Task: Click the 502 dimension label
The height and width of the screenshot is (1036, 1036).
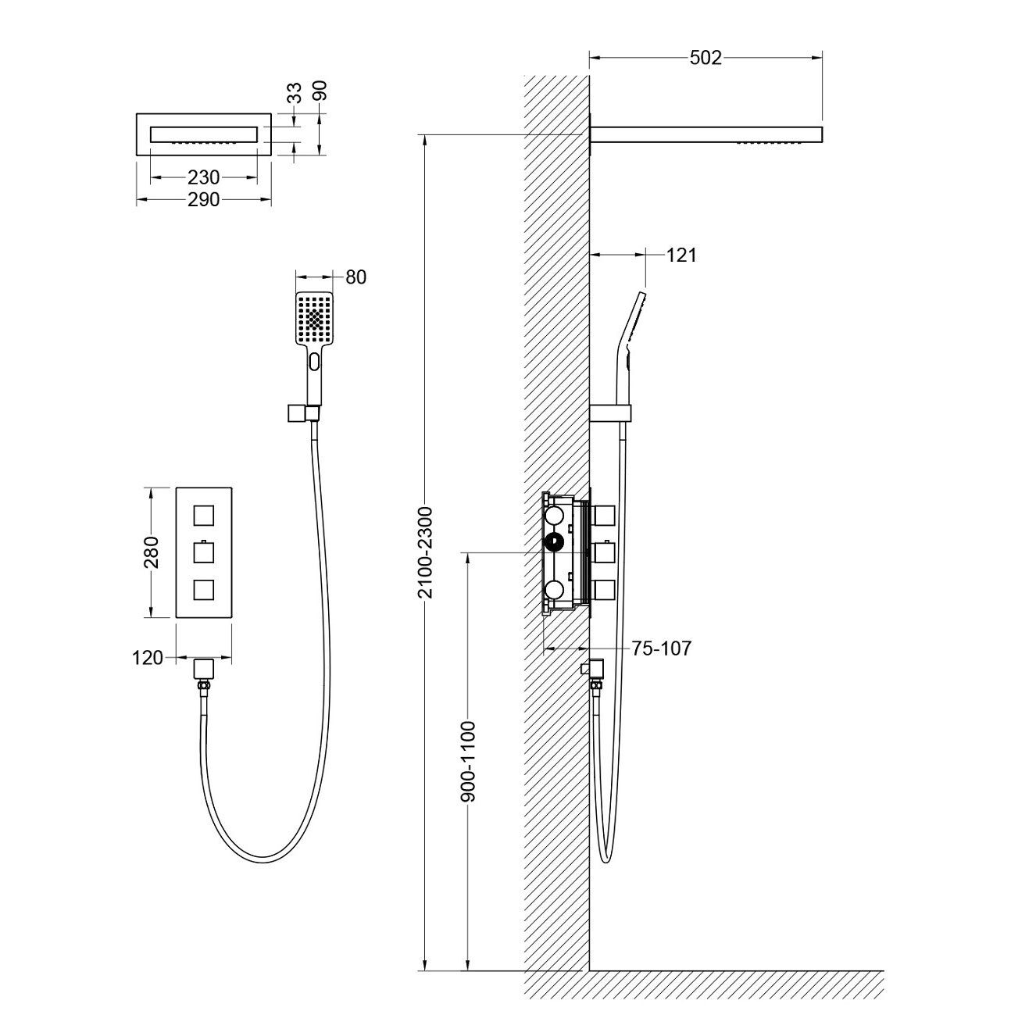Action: pos(706,58)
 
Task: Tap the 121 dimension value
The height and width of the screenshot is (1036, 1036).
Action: pos(681,255)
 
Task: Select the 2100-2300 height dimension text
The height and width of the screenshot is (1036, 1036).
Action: pos(425,552)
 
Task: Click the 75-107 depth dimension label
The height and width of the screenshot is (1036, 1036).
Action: pos(661,648)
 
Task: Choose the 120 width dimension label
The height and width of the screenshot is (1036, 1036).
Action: pos(148,658)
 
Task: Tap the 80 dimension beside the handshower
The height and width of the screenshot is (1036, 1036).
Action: pos(355,277)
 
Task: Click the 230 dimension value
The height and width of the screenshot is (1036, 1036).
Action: pos(203,177)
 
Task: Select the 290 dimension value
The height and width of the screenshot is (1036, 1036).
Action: pos(203,200)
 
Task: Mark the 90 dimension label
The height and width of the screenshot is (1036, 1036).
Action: pos(320,91)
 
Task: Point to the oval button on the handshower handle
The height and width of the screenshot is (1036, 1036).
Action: pos(315,362)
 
